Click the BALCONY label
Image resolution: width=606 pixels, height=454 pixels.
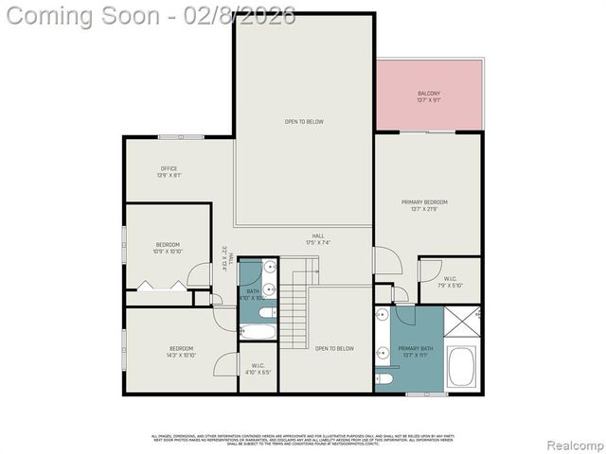429,94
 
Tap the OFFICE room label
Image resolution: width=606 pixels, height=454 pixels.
169,168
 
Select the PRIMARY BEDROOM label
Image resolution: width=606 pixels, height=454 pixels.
423,202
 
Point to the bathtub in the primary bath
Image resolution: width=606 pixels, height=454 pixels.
461,367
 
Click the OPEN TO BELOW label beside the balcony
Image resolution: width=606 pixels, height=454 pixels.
304,122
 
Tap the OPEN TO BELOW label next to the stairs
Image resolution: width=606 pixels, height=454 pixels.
334,349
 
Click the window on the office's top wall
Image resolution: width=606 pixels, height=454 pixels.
181,137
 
